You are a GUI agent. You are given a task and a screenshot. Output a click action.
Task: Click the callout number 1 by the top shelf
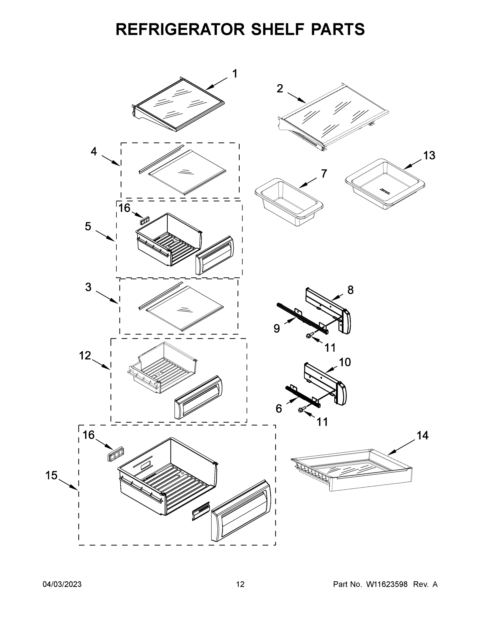[x=235, y=74]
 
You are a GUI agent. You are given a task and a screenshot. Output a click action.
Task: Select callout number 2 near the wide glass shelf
[x=280, y=89]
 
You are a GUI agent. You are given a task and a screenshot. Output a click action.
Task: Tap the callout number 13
[x=429, y=156]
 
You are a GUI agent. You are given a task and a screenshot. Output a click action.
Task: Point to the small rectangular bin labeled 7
[x=289, y=202]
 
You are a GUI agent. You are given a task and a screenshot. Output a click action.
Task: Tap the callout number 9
[x=277, y=328]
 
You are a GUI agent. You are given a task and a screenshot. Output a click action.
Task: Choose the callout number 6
[x=279, y=409]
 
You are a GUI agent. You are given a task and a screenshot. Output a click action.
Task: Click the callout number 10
[x=345, y=362]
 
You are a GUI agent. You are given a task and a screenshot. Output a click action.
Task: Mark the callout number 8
[x=350, y=290]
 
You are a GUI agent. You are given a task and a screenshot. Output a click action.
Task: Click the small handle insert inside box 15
[x=201, y=511]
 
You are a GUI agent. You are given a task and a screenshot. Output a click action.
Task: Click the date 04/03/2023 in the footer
[x=62, y=584]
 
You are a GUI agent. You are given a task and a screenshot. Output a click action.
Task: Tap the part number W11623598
[x=387, y=584]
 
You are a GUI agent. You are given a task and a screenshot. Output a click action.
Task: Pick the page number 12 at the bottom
[x=240, y=584]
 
